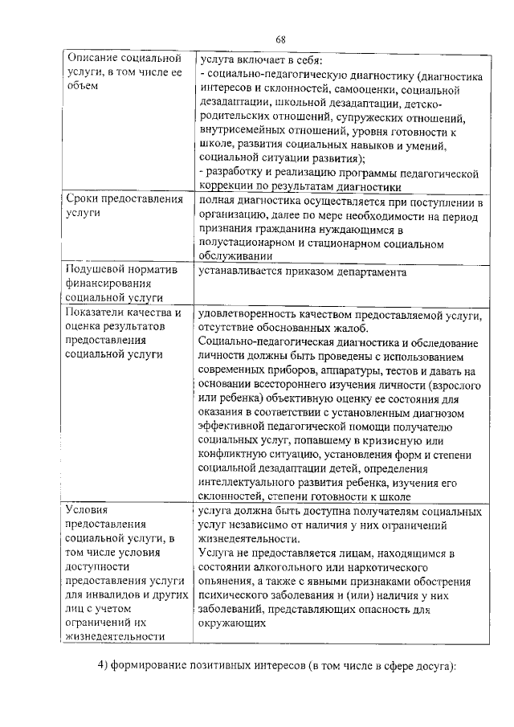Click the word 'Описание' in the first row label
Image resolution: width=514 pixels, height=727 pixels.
[x=92, y=59]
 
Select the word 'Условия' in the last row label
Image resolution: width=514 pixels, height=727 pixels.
[x=86, y=510]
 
